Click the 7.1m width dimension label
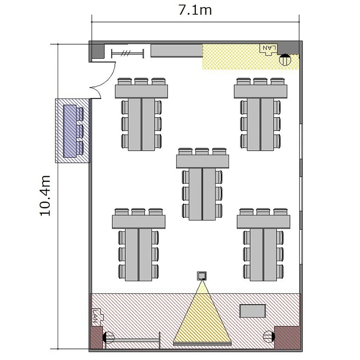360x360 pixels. tap(195, 10)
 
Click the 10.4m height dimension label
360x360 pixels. tap(45, 196)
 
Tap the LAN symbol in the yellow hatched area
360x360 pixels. tap(269, 49)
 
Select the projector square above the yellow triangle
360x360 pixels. tap(202, 276)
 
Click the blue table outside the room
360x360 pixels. tap(70, 131)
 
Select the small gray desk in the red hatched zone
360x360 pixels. tap(252, 311)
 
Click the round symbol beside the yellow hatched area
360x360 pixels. tap(285, 60)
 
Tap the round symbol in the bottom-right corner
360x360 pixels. tap(269, 336)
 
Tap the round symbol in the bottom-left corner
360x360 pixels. tap(108, 337)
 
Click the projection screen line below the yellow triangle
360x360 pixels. tap(202, 344)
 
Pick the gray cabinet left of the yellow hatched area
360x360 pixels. tap(177, 51)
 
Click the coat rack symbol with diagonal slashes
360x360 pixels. tap(128, 54)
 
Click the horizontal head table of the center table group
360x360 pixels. tap(203, 161)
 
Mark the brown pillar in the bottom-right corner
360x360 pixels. tap(287, 337)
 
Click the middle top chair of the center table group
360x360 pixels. tap(202, 151)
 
